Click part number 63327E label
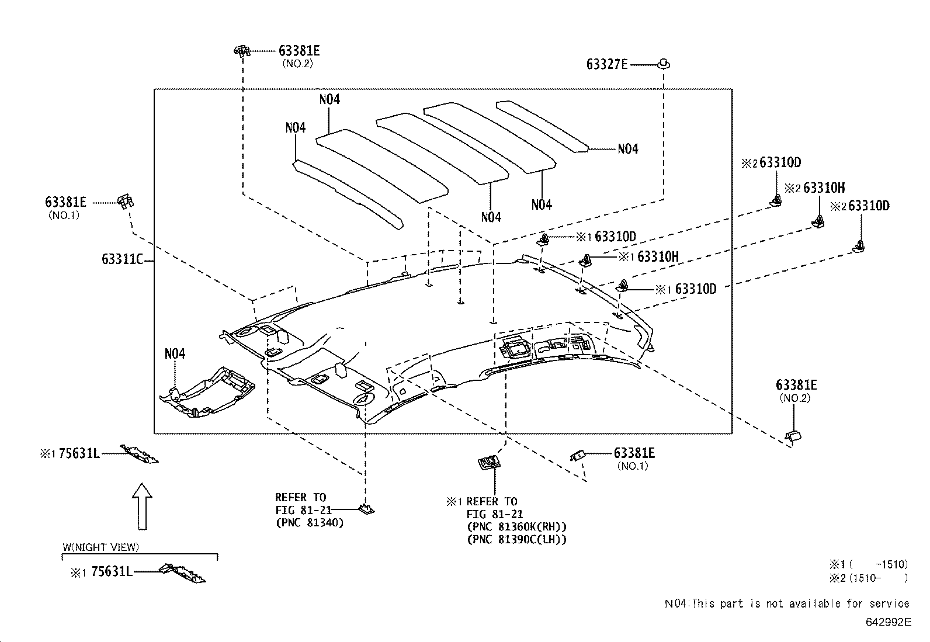coord(606,64)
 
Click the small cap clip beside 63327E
coord(664,63)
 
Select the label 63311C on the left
coord(122,259)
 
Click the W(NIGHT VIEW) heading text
coord(100,547)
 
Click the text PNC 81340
coord(309,523)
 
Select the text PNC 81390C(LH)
coord(516,540)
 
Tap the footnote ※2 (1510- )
coord(868,578)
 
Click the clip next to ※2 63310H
coord(819,221)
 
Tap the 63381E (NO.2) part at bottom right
coord(793,435)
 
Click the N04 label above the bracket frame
coord(175,353)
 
